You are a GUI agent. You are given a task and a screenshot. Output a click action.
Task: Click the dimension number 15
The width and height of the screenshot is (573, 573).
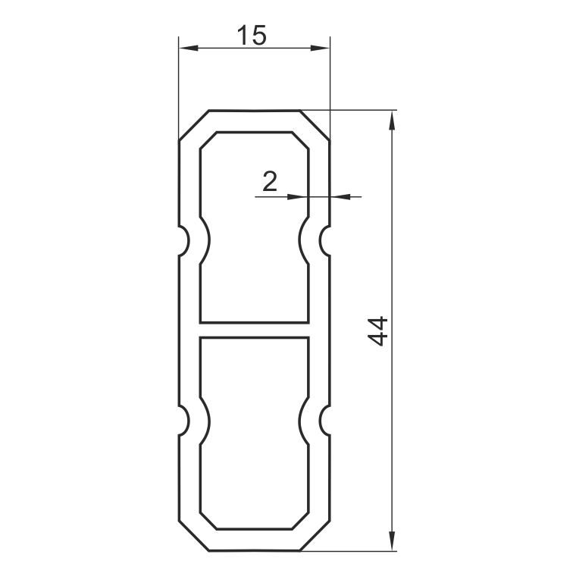[x=252, y=36]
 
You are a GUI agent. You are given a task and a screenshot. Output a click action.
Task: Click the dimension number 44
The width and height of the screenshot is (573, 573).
[x=377, y=331]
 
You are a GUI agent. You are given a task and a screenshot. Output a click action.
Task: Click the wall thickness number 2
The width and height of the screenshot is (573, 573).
[x=270, y=182]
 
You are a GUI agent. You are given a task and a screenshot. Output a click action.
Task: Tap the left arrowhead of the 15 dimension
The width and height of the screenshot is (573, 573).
[x=188, y=48]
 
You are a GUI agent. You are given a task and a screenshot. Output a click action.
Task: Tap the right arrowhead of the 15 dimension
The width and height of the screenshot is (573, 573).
[x=320, y=48]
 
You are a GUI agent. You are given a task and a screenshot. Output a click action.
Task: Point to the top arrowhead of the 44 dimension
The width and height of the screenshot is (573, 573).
[x=392, y=121]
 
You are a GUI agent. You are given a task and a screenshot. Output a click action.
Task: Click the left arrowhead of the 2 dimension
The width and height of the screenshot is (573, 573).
[x=297, y=197]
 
